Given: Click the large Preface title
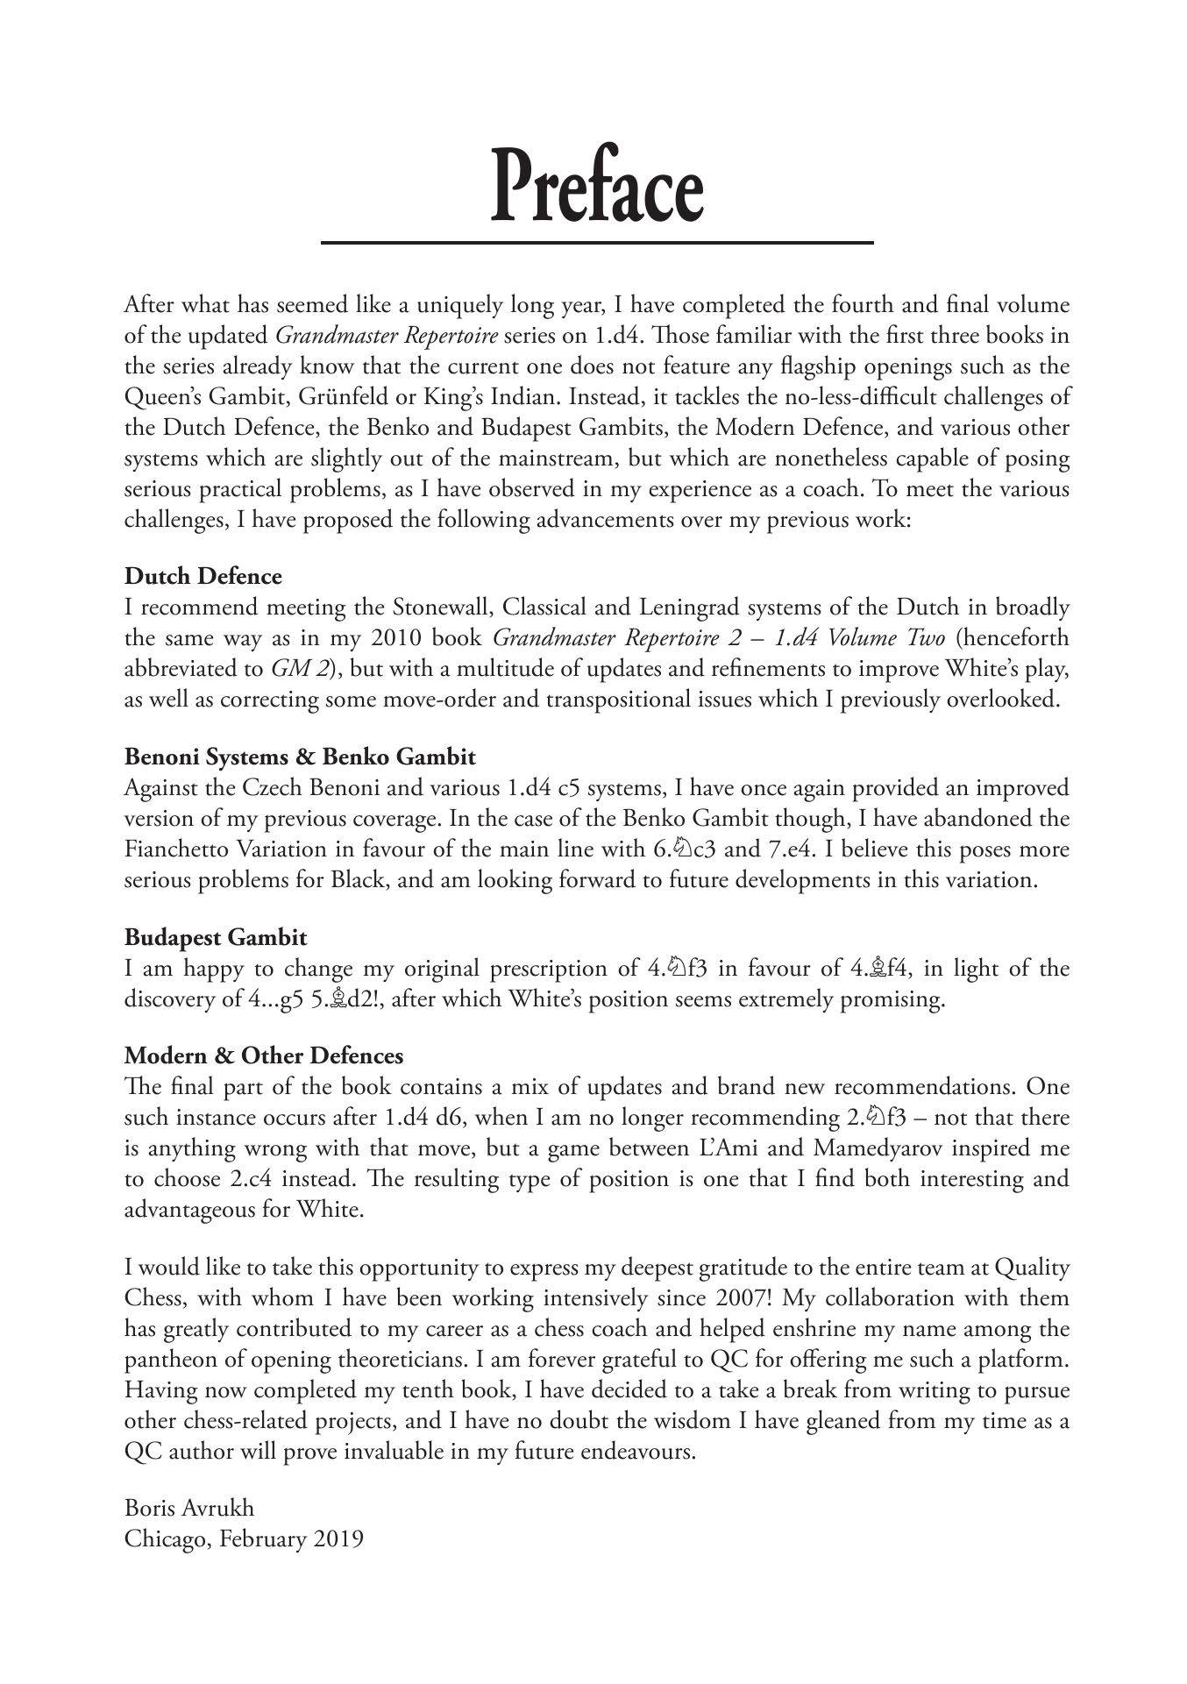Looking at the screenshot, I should pos(596,187).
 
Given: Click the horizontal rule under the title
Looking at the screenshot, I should pos(596,242).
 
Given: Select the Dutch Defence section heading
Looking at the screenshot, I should pos(203,577).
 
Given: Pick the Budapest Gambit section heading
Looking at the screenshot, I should pos(216,938).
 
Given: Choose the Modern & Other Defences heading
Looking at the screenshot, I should pos(264,1056).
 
